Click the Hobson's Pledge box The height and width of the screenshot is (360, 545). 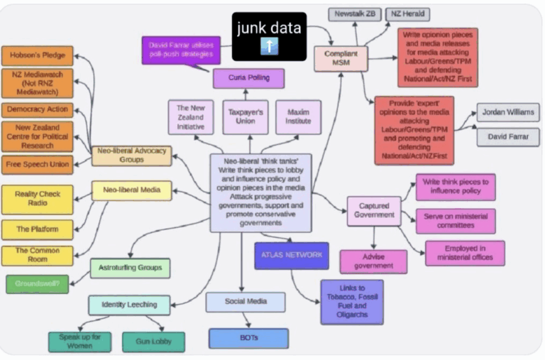37,55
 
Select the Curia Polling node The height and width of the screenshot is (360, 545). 248,78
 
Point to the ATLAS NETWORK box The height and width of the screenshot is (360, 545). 291,255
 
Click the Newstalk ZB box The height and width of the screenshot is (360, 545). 355,13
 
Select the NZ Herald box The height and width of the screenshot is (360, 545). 409,13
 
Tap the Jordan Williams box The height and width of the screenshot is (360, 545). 507,112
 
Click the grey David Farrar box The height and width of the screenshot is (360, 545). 507,137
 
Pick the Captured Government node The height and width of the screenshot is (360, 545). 374,211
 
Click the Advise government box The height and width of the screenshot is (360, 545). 373,261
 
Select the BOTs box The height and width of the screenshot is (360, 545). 248,338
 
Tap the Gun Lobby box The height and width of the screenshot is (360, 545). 153,342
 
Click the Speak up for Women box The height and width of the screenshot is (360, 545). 79,342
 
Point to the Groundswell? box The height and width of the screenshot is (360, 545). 37,284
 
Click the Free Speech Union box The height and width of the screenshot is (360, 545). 37,165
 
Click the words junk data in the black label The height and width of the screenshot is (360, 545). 269,28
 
